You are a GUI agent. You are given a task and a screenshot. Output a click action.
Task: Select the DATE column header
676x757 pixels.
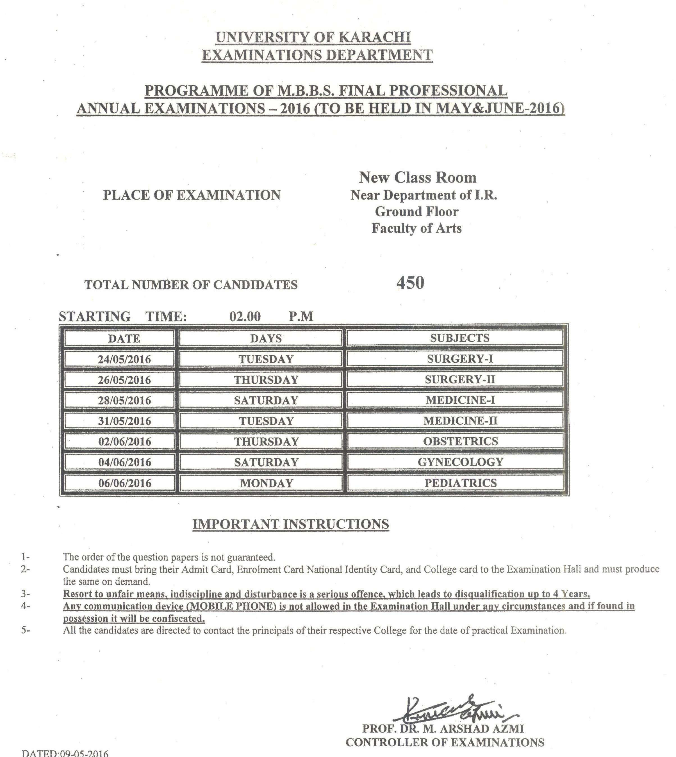point(124,339)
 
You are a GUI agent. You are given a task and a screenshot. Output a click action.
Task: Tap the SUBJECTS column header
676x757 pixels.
point(459,338)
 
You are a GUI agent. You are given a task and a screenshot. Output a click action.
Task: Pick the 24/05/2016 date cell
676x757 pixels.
point(124,359)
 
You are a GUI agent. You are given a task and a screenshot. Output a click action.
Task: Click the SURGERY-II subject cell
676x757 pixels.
point(460,379)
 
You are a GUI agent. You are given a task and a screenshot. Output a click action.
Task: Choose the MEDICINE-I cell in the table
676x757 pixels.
point(460,400)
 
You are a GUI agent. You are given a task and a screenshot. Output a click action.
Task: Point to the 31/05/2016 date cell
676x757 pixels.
point(124,421)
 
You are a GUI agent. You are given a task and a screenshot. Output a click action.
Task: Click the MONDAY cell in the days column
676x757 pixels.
point(266,483)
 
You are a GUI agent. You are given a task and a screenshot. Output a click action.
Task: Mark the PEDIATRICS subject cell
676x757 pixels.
point(460,483)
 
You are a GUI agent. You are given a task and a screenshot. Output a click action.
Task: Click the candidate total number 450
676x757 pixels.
point(410,283)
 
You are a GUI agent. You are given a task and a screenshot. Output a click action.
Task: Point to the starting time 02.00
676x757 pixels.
point(245,316)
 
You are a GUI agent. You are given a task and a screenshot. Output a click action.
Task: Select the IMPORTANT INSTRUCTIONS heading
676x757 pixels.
point(290,524)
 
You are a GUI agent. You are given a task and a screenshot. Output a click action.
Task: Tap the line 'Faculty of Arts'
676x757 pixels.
point(416,228)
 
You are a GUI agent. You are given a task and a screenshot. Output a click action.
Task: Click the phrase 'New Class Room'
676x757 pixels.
point(418,177)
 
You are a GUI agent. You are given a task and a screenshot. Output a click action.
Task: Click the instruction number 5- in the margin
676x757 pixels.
point(25,630)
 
